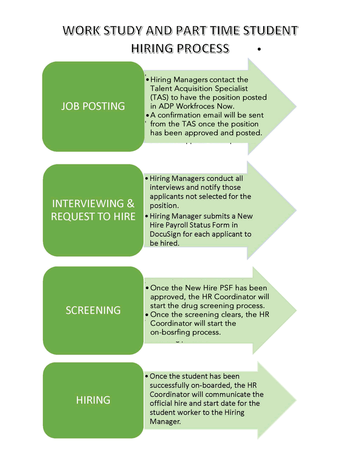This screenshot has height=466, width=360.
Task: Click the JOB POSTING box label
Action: click(x=93, y=106)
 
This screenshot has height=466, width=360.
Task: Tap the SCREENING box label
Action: click(x=93, y=310)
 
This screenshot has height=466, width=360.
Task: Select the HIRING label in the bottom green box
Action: click(x=93, y=400)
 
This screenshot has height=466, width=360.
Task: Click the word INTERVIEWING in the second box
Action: click(x=88, y=203)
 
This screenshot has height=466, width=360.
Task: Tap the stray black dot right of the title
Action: click(x=259, y=49)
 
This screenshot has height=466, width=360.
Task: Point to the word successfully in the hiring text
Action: click(x=169, y=386)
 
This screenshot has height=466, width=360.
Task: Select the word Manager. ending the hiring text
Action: click(x=165, y=422)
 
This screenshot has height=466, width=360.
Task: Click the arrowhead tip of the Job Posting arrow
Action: click(x=296, y=106)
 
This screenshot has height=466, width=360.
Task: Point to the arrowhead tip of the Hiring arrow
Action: click(x=296, y=400)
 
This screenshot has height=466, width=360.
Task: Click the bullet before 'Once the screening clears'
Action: click(x=147, y=315)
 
